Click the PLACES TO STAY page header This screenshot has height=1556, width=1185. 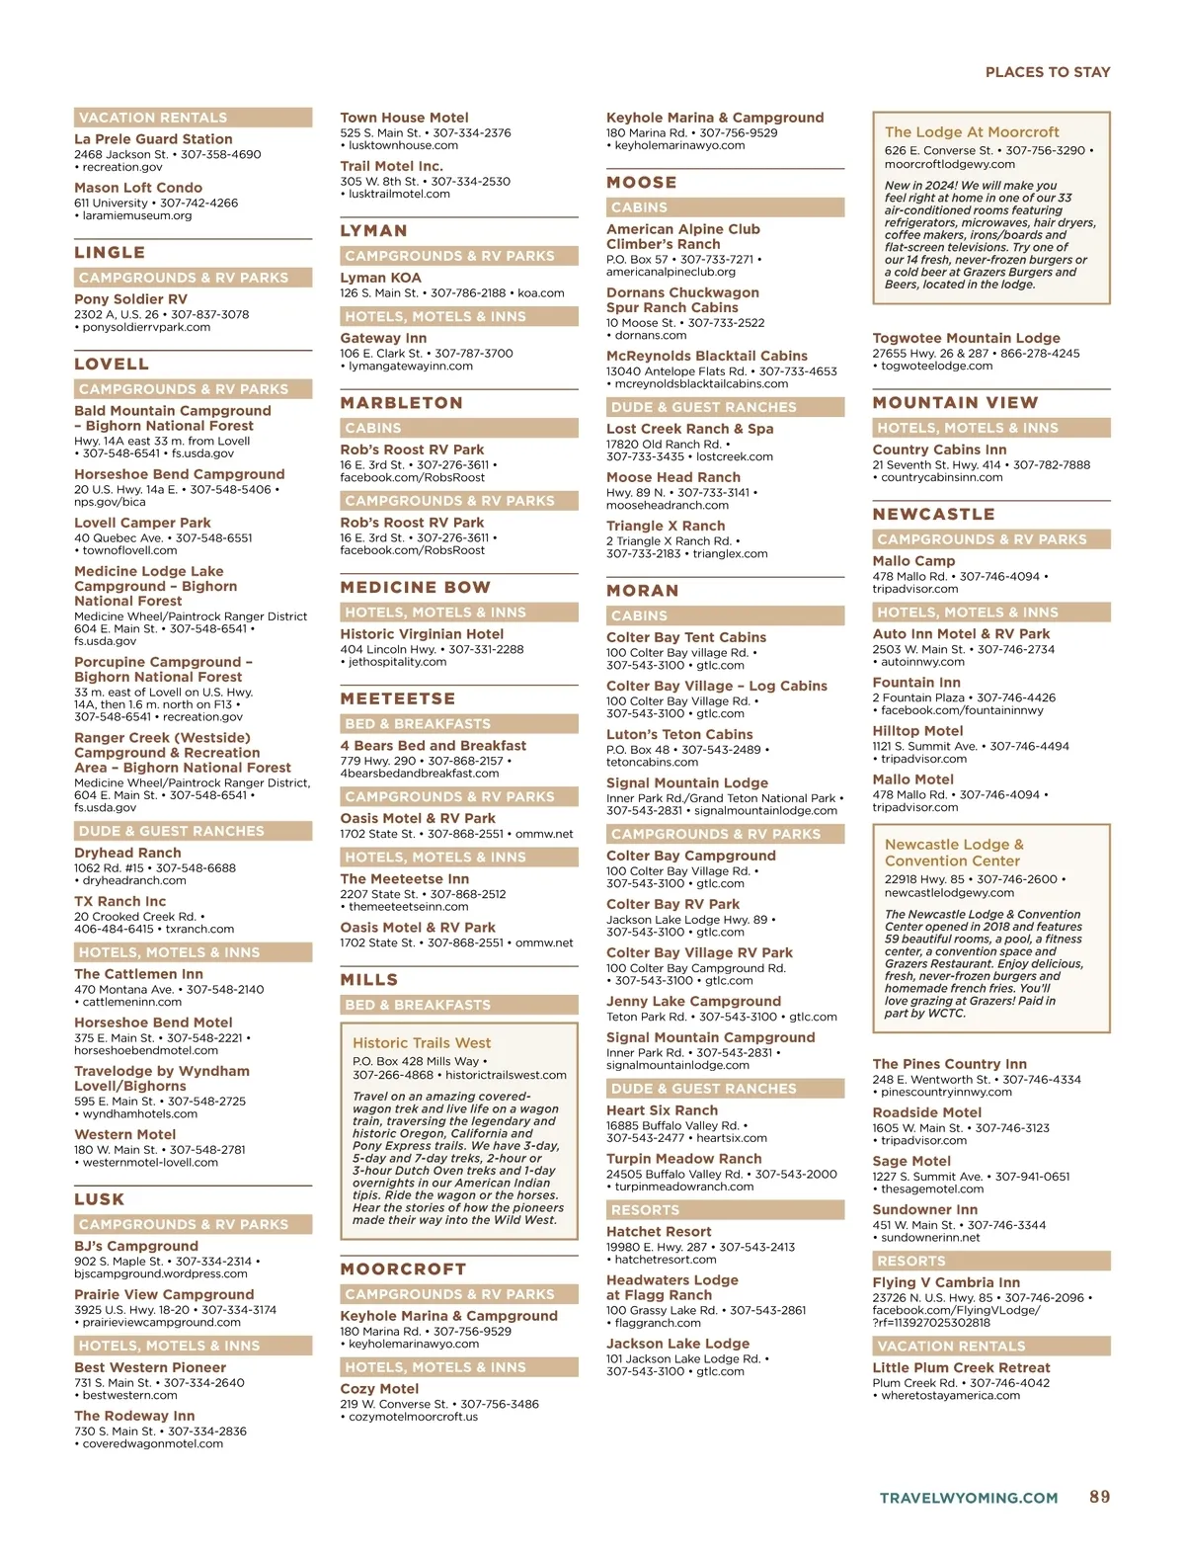click(1047, 72)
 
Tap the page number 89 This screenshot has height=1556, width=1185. click(1099, 1497)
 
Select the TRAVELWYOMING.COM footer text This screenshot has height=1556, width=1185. click(968, 1498)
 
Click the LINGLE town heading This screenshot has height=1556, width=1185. click(110, 253)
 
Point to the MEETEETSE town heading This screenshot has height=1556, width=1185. click(397, 698)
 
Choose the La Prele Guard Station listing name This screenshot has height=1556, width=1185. click(153, 139)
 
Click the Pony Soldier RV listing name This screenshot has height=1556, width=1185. click(130, 299)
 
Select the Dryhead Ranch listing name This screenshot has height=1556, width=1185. click(127, 853)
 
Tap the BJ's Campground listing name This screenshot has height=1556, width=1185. click(136, 1246)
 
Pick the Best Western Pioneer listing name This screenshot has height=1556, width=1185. click(150, 1367)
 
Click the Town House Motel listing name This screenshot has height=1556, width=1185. click(404, 118)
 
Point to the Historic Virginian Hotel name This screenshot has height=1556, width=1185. click(422, 634)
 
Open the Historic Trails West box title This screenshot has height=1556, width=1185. click(422, 1042)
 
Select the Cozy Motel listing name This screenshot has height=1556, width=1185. click(379, 1388)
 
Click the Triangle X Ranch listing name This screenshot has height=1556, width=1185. click(666, 526)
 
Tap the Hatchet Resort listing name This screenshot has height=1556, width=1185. click(659, 1231)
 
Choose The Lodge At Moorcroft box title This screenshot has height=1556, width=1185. click(972, 132)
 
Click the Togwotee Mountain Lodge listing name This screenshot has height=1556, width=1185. click(966, 338)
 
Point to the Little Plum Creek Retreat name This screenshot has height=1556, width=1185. click(961, 1367)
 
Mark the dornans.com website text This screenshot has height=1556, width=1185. click(650, 335)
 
